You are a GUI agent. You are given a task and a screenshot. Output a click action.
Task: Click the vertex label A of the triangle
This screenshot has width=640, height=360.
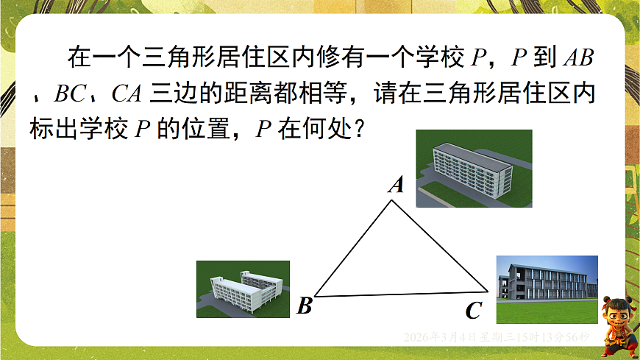[397, 185]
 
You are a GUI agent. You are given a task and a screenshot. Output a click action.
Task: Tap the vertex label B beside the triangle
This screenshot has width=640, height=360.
[305, 306]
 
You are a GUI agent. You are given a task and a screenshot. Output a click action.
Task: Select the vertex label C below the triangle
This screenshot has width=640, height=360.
[473, 311]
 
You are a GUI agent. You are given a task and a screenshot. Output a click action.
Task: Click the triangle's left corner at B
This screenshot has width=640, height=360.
[316, 296]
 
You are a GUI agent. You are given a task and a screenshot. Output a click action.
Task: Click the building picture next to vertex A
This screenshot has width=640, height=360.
[474, 169]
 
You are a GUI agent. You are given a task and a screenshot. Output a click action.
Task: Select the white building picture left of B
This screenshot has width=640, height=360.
[243, 289]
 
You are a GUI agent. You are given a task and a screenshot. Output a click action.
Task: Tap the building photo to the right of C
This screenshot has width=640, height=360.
[547, 289]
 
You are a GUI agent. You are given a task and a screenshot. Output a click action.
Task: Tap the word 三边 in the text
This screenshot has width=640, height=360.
[168, 94]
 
